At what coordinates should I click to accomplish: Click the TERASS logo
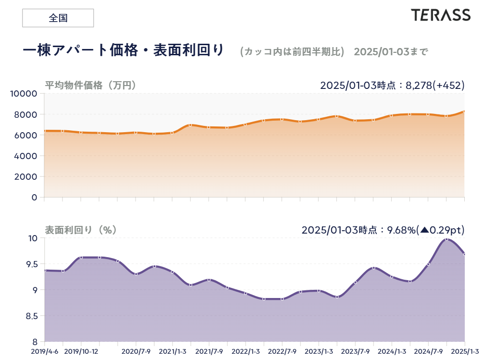tap(440, 15)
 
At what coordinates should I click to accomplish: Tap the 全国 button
tap(58, 18)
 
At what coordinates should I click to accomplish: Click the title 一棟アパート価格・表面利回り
tap(124, 50)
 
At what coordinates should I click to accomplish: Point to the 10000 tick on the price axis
tap(24, 94)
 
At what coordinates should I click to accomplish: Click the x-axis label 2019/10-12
tap(81, 351)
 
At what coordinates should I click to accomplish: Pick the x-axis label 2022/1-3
tap(246, 351)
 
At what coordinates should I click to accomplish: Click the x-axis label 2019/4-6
tap(45, 351)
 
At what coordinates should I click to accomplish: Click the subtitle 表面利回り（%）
tap(81, 230)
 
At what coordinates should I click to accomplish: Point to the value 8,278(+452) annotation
tap(435, 86)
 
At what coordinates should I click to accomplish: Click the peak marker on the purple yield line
tap(447, 239)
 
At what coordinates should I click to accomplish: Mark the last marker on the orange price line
tap(464, 112)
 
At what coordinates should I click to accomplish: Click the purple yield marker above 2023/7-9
tap(355, 282)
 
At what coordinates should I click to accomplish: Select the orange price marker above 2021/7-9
tap(209, 127)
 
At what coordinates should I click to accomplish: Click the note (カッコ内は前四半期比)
tap(292, 51)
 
